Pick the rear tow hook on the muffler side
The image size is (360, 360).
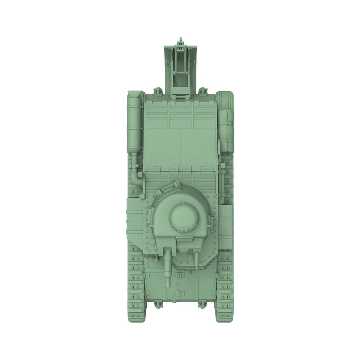coord(158,91)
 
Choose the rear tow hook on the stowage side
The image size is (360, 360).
coord(203,91)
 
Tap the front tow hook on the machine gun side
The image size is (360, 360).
coord(203,305)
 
